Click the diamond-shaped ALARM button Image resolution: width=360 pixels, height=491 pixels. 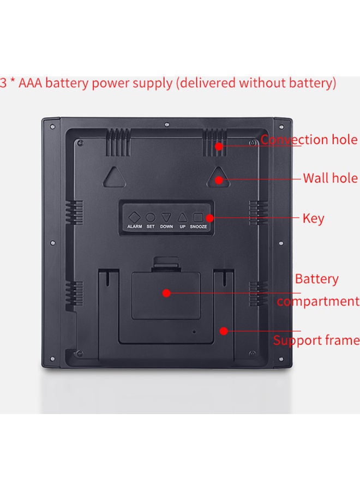tap(135, 217)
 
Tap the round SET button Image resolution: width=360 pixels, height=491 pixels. tap(151, 217)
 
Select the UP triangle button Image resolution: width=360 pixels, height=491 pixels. tap(183, 217)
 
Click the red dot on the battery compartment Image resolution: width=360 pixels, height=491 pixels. tap(166, 293)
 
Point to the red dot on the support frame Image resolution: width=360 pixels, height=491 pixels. tap(224, 331)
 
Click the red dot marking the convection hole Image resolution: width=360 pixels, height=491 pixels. tap(219, 146)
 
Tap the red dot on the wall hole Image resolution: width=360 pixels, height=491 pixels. tap(219, 179)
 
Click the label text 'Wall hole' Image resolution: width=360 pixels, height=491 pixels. tap(330, 178)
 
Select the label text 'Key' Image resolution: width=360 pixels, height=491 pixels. tap(313, 219)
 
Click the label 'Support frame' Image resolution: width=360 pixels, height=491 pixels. tap(316, 340)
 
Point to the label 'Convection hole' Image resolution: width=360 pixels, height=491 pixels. tap(309, 140)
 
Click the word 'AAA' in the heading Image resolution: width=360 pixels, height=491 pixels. tap(31, 83)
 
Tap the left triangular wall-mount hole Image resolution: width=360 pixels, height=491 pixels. tap(115, 177)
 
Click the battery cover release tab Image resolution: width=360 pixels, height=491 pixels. tap(166, 262)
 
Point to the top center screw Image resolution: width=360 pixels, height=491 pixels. tap(167, 124)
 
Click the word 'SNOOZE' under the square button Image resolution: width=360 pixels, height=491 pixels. tap(198, 226)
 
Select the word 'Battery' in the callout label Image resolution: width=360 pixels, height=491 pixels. tap(317, 279)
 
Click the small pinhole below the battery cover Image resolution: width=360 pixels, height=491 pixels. tap(194, 331)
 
